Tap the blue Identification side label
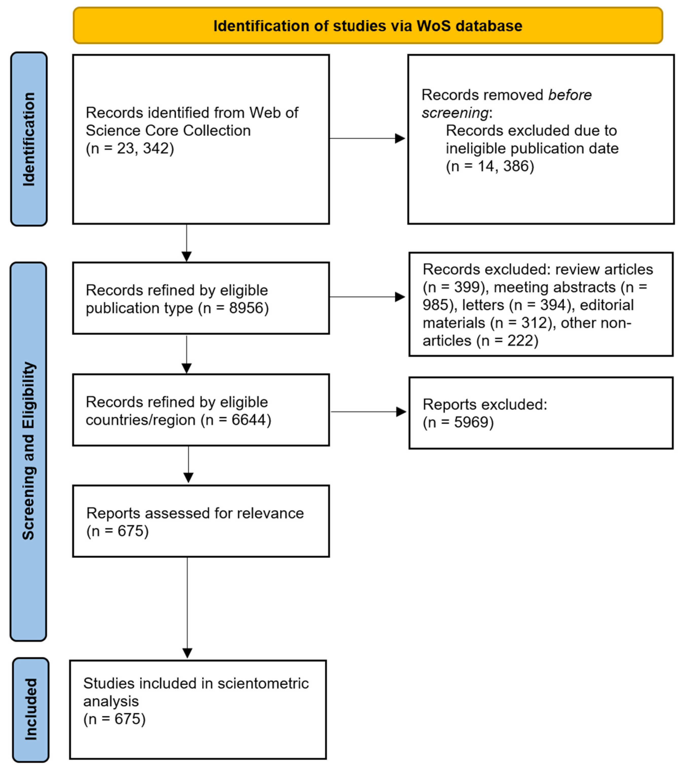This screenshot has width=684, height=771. [29, 139]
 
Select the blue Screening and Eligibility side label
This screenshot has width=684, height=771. [29, 451]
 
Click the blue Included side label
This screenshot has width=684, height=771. [30, 709]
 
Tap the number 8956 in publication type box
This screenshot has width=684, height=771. [246, 308]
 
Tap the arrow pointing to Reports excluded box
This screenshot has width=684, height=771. [369, 412]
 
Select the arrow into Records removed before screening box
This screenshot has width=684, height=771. [367, 138]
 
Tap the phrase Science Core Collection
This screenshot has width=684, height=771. [168, 130]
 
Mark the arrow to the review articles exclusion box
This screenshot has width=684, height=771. [367, 297]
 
